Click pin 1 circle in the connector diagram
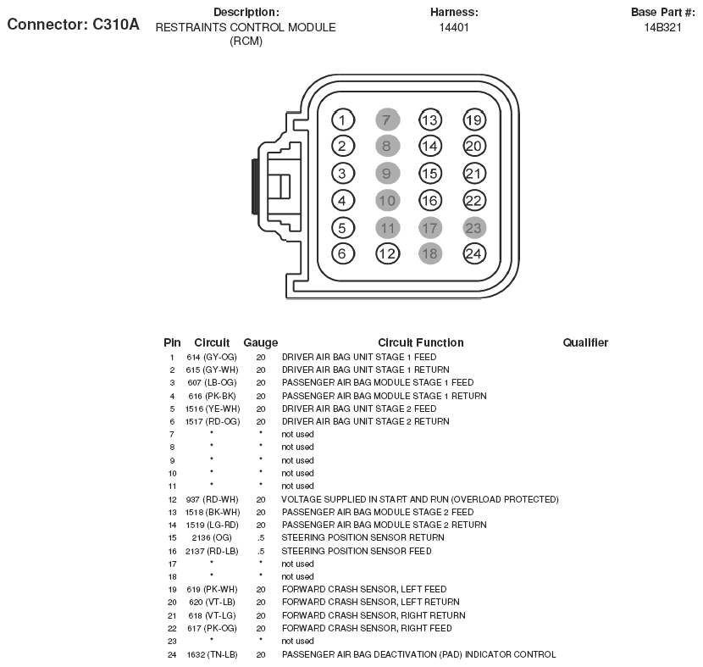(x=342, y=120)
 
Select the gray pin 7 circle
(x=386, y=120)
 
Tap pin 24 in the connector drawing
(x=474, y=253)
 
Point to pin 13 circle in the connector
(x=430, y=120)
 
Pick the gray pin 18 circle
(x=430, y=253)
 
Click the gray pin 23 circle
(x=474, y=227)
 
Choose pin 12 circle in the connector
(x=387, y=253)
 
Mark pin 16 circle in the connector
(x=430, y=200)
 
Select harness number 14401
(x=454, y=27)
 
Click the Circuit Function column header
(x=421, y=342)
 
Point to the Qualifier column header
(x=585, y=342)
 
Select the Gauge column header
(x=260, y=342)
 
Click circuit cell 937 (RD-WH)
(x=212, y=499)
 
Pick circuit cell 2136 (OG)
(x=212, y=537)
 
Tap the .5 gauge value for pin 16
(x=260, y=551)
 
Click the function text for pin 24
(x=418, y=654)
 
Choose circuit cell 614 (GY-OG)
(x=212, y=357)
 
